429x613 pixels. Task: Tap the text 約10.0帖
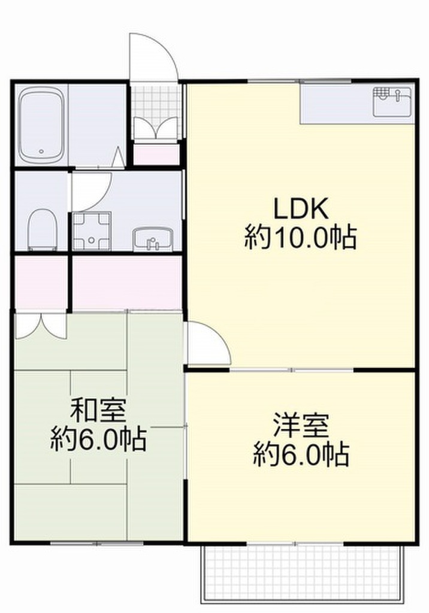[301, 238]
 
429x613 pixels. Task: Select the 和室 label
[98, 412]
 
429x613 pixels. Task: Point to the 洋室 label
[301, 426]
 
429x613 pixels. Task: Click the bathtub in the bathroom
[40, 125]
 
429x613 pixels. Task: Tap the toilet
[42, 228]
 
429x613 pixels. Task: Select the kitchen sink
[392, 101]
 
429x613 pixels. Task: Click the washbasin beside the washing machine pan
[152, 239]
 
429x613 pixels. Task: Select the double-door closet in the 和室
[40, 324]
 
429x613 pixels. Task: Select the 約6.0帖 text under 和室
[98, 441]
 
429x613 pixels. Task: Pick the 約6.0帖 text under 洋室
[301, 456]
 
